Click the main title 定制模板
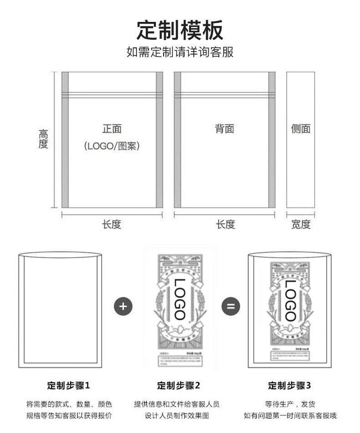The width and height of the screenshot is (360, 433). click(180, 31)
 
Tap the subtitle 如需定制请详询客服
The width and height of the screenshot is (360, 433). click(180, 52)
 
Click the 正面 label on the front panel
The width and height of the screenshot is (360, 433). click(112, 129)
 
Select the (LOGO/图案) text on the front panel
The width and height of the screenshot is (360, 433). click(112, 146)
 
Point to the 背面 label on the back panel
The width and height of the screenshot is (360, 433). click(225, 129)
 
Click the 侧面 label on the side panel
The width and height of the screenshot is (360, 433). click(301, 129)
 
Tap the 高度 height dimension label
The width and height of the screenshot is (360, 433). click(43, 139)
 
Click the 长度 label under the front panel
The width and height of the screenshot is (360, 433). click(112, 224)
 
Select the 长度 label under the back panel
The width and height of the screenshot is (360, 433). click(225, 224)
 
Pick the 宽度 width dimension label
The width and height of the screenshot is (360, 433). click(301, 224)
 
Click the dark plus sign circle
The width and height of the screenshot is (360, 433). click(122, 306)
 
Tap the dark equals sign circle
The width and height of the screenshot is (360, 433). click(231, 306)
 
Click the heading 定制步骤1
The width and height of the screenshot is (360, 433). click(69, 386)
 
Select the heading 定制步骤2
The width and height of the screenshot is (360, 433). click(179, 386)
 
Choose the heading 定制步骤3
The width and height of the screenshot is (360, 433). click(289, 386)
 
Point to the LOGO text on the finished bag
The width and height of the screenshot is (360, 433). click(290, 300)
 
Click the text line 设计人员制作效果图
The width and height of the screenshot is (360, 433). click(177, 416)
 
